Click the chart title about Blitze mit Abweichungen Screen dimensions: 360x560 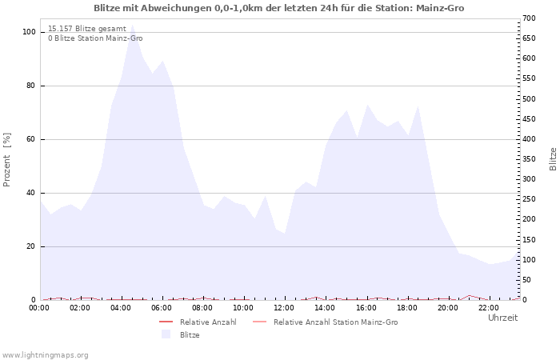(278, 8)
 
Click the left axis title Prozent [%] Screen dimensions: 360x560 (7, 160)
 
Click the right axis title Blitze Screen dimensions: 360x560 (553, 158)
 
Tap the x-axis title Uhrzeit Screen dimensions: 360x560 (502, 318)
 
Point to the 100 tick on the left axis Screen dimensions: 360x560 (30, 32)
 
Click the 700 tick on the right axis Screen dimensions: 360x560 (528, 18)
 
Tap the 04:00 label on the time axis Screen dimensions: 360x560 (122, 307)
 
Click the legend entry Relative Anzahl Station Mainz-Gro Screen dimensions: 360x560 (335, 322)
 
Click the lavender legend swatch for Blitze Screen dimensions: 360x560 (166, 334)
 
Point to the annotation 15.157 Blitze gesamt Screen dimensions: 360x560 (86, 28)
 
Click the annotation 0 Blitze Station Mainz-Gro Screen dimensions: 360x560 (95, 38)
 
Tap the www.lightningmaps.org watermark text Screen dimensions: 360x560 (45, 354)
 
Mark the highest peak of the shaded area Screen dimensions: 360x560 (132, 27)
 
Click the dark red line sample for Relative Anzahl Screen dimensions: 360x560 (166, 322)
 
